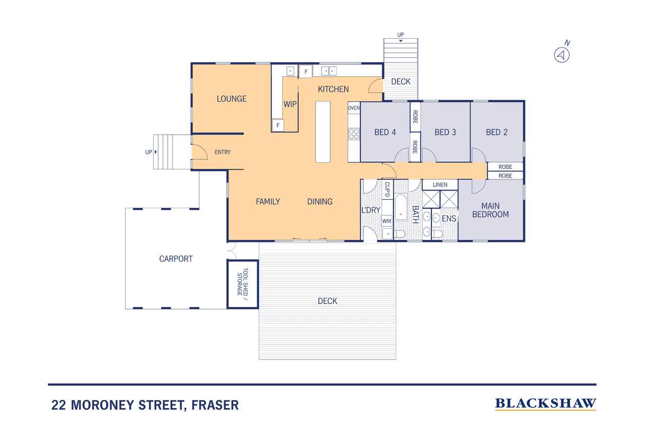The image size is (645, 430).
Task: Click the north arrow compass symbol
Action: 562,55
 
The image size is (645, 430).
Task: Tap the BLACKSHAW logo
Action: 545,404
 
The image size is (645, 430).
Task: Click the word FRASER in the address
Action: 215,405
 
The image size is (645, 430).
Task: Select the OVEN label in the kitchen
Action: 354,108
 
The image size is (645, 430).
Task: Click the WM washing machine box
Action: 386,221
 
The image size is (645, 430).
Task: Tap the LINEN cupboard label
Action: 440,185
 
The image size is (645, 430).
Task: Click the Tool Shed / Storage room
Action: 243,284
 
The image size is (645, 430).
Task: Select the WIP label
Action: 290,104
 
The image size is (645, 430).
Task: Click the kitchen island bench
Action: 323,132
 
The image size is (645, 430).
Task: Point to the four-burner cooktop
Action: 354,134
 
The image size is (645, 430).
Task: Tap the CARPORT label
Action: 176,259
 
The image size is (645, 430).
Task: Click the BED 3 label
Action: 445,132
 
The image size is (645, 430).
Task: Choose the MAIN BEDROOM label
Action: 490,210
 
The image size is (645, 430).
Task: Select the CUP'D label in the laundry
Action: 388,189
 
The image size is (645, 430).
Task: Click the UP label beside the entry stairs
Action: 148,152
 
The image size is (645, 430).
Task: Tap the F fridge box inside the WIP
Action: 278,126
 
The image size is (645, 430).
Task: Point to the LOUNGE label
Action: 231,99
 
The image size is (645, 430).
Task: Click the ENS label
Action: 449,219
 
